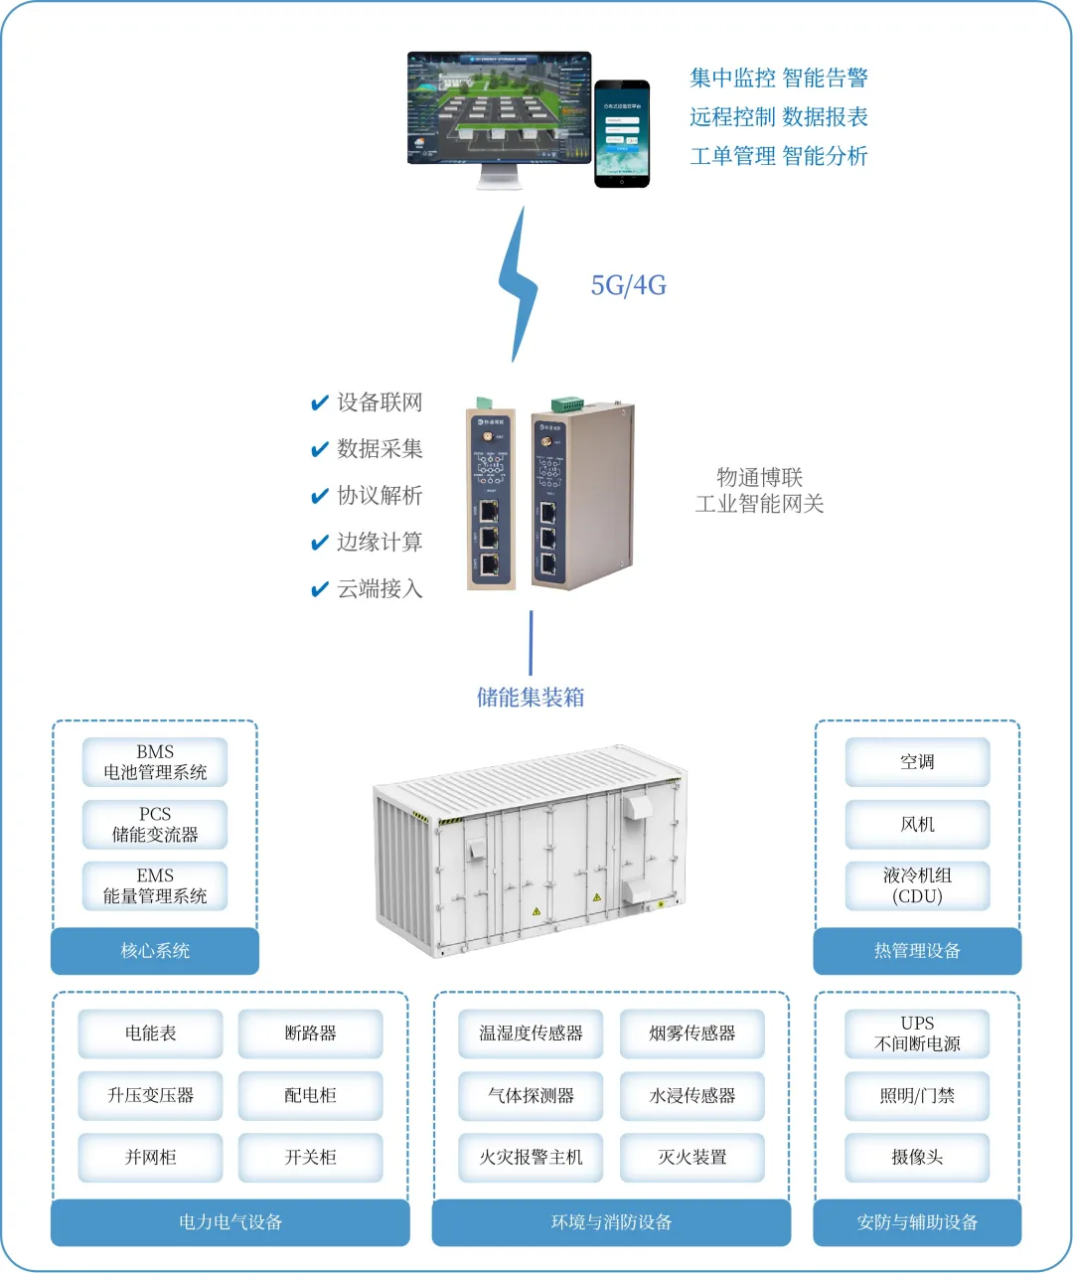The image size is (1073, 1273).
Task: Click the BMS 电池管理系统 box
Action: coord(155,762)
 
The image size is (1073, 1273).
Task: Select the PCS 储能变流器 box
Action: coord(155,824)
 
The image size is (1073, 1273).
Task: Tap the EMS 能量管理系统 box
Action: coord(155,885)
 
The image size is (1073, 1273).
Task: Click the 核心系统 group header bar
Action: coord(155,951)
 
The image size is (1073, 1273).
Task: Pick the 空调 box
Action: coord(917,762)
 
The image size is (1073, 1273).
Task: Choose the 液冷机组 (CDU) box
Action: coord(917,885)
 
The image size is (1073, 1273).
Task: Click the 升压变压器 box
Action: coord(151,1095)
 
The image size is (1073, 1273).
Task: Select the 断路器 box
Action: coord(310,1034)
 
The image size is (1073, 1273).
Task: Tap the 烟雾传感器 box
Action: coord(692,1034)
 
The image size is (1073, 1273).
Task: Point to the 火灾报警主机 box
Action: coord(531,1157)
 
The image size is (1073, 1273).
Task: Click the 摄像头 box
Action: coord(917,1157)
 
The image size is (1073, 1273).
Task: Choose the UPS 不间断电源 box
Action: coord(917,1034)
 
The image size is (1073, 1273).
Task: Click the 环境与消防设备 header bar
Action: coord(611,1222)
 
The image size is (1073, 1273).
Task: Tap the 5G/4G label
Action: coord(629,286)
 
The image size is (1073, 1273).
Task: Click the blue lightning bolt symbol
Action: coord(518,286)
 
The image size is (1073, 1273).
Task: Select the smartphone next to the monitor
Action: coord(622,133)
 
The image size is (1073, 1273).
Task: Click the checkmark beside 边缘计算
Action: coord(320,543)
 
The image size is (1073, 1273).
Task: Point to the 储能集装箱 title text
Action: coord(531,698)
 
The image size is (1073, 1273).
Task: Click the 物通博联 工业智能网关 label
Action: coord(760,491)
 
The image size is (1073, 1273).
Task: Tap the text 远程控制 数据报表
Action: coord(779,117)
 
